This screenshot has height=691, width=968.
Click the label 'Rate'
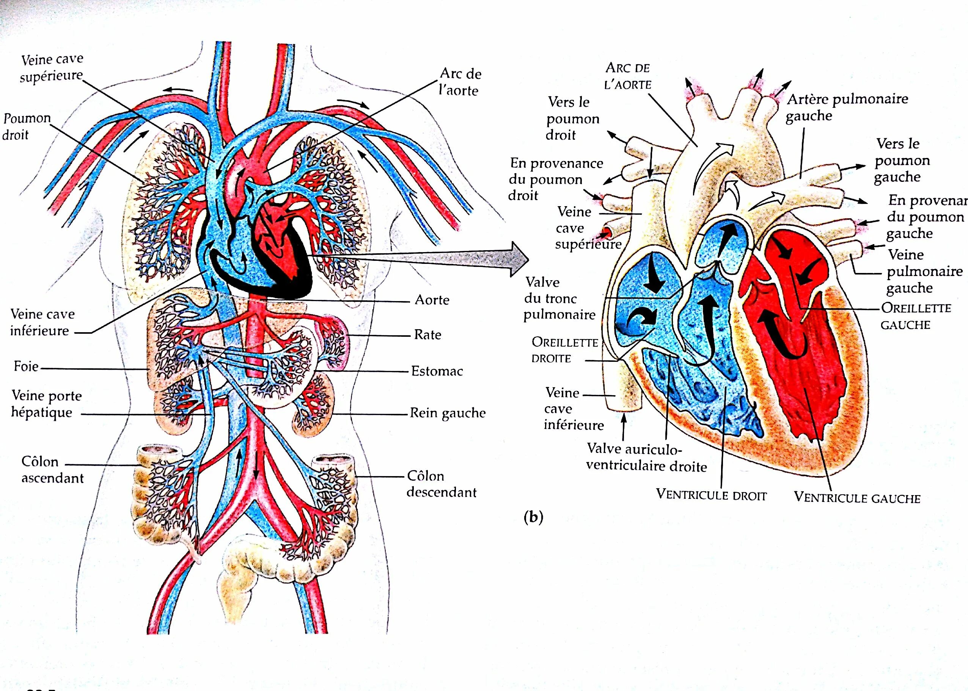427,335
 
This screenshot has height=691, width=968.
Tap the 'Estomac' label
437,371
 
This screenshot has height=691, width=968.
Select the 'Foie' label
26,366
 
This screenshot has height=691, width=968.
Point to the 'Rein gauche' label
447,413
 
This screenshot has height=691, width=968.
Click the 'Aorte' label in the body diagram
432,300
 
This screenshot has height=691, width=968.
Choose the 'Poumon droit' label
26,126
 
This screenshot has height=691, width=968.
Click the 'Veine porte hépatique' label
46,404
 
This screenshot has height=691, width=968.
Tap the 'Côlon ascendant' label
52,470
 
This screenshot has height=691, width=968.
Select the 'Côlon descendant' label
441,484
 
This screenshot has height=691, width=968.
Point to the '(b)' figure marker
534,517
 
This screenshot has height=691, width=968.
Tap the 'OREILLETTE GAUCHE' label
916,316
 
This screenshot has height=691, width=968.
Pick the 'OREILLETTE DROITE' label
564,350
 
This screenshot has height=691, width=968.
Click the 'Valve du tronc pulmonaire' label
559,299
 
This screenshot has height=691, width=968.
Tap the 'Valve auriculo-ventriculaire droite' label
646,458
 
